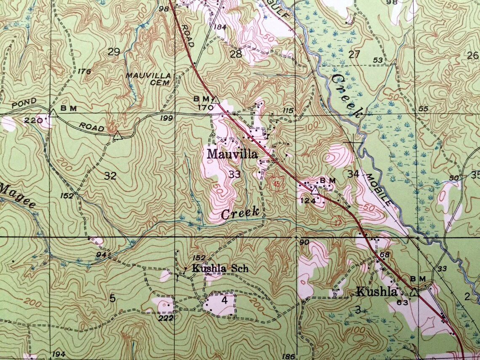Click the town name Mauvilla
click(x=232, y=155)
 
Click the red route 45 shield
click(x=277, y=184)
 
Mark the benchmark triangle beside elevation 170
click(x=215, y=100)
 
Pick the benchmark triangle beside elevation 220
click(x=53, y=113)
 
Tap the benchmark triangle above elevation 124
click(x=314, y=191)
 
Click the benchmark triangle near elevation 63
click(x=414, y=292)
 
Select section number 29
click(x=114, y=52)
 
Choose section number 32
click(x=110, y=176)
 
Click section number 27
click(x=355, y=53)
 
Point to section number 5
click(x=112, y=299)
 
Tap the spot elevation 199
click(x=166, y=118)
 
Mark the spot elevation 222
click(x=166, y=318)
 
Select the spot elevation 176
click(x=84, y=71)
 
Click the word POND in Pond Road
click(x=24, y=104)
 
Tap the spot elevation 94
click(x=101, y=254)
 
